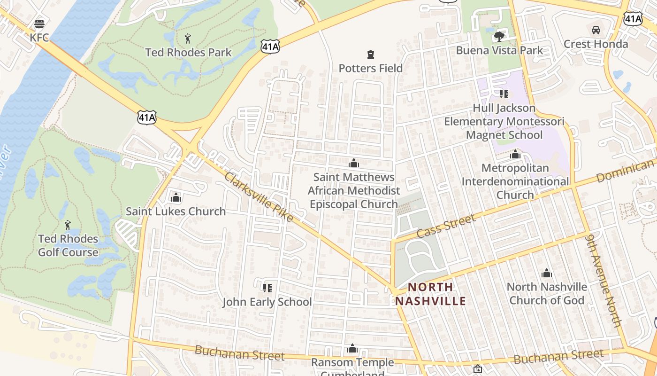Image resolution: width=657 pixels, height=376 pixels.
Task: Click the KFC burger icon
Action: pos(39,23)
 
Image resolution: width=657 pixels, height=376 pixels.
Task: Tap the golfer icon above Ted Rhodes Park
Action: pos(188,38)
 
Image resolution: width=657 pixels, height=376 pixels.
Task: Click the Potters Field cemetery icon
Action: pos(371,55)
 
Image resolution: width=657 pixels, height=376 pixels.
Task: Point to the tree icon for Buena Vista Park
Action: pos(499,36)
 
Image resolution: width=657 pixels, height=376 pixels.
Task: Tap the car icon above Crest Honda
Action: pos(596,30)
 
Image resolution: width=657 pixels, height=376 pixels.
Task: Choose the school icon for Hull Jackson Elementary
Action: pos(504,94)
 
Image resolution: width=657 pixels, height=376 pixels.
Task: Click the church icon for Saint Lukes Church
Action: pos(176,198)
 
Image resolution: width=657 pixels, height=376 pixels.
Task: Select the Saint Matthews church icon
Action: pos(354,164)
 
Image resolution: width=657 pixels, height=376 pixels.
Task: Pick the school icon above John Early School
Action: pos(267,288)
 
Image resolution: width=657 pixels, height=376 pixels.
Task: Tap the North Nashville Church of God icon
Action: pos(546,273)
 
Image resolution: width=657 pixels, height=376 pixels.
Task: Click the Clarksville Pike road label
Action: pos(259,197)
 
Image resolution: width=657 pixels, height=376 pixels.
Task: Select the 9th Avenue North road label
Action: pos(604,281)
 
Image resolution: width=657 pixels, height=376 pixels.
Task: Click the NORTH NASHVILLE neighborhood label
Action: pos(430,294)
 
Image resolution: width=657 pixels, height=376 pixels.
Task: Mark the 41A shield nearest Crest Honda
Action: pos(633,19)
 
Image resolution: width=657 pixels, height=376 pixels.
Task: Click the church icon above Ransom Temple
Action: pos(352,349)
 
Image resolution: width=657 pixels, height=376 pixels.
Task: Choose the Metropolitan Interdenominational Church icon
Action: pos(515,154)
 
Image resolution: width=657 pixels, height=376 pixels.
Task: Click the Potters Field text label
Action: pos(371,68)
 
